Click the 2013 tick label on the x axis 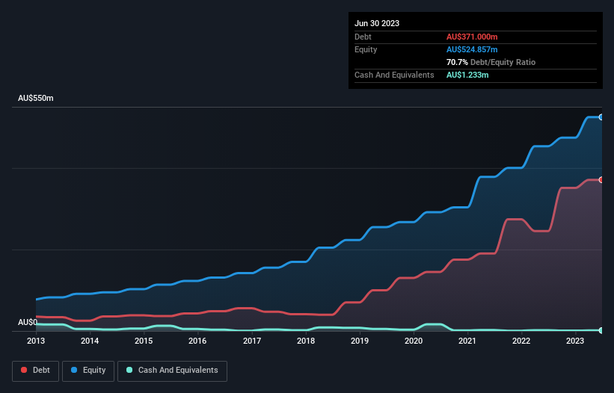tap(36, 341)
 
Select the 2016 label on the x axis tap(197, 341)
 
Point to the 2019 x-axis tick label tap(360, 341)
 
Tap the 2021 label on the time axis tap(467, 341)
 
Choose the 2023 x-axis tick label tap(575, 341)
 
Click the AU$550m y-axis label tap(36, 99)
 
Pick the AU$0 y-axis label tap(28, 322)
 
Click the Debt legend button tap(34, 371)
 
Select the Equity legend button tap(88, 371)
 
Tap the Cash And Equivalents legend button tap(171, 371)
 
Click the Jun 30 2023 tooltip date tap(377, 23)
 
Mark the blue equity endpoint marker tap(601, 117)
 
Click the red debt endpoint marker tap(601, 179)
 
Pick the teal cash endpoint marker tap(601, 329)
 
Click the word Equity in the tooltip tap(366, 49)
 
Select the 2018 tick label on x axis tap(306, 341)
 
